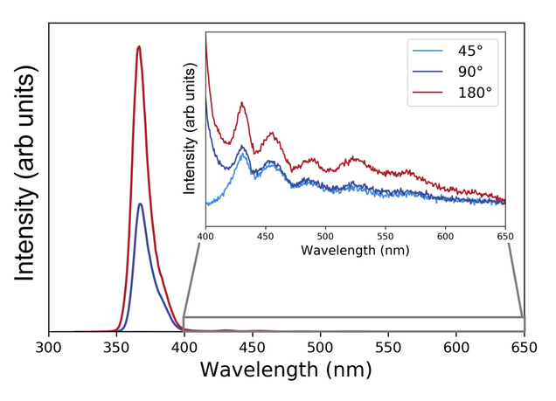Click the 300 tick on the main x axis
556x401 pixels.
point(49,348)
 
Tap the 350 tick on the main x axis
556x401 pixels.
point(116,348)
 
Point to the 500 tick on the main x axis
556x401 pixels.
point(320,348)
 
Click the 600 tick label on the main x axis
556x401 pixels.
point(456,348)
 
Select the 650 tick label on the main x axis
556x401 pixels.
point(524,348)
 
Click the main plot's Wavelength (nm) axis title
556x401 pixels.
point(286,370)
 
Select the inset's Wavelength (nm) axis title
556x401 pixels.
point(355,250)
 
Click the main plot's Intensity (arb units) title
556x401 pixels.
point(25,177)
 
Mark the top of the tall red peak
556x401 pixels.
point(138,46)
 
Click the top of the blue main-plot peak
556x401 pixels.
point(140,204)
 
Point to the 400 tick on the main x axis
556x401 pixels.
point(184,348)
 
